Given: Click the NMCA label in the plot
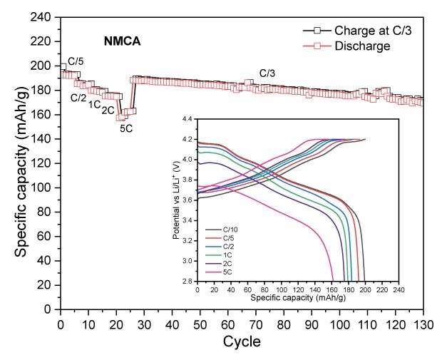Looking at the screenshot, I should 120,42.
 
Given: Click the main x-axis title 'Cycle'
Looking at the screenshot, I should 241,342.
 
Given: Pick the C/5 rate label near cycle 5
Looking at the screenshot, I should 76,63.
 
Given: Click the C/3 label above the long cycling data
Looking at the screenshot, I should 267,73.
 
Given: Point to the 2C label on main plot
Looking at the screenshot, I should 108,110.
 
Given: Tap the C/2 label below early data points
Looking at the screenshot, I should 78,98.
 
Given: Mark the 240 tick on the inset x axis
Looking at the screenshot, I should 399,289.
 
